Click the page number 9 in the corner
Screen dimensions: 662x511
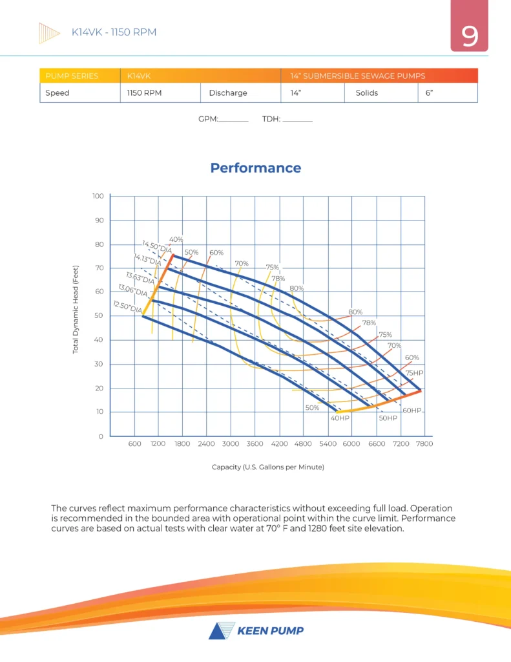[x=469, y=37]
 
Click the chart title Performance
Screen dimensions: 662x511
[x=255, y=168]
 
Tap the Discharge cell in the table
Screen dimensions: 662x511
[x=227, y=92]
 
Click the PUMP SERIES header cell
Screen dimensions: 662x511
[x=72, y=76]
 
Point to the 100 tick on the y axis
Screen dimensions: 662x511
[x=98, y=195]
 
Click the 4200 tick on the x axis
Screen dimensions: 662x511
[x=279, y=444]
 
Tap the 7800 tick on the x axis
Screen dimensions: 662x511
[x=424, y=444]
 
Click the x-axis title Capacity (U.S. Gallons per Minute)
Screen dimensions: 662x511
[x=267, y=467]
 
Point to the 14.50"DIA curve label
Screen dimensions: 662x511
[x=157, y=247]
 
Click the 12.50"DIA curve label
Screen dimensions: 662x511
[x=127, y=307]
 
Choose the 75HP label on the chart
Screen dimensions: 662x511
[x=414, y=374]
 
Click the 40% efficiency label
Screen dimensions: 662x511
[x=176, y=240]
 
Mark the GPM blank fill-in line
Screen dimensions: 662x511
[x=234, y=121]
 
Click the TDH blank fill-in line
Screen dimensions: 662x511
[x=297, y=121]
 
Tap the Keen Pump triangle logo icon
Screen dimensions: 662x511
[x=217, y=631]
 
